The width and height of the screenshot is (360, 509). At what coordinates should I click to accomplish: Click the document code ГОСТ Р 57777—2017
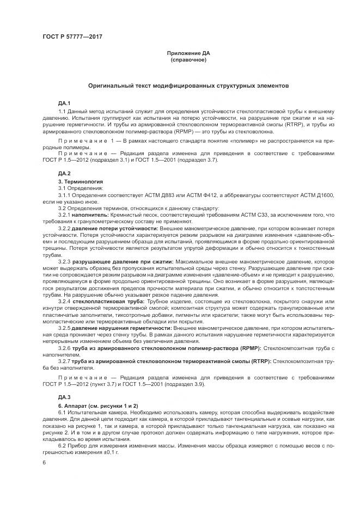click(72, 37)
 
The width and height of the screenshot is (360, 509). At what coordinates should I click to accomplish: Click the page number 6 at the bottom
click(44, 463)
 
